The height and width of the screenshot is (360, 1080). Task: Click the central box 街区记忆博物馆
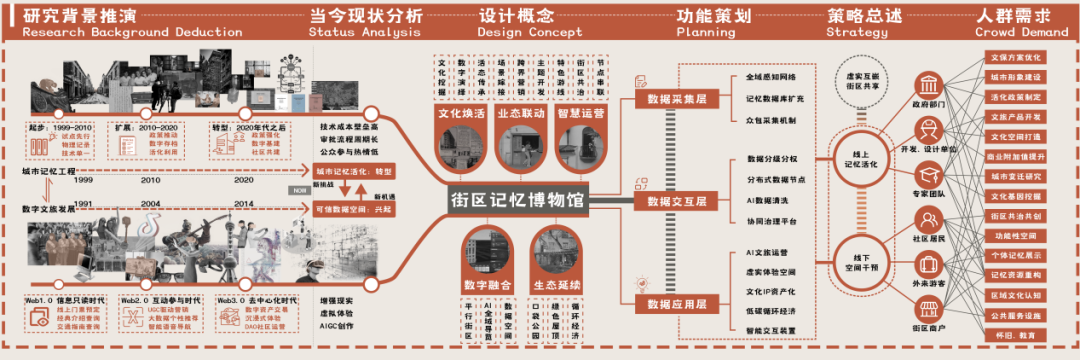coord(516,199)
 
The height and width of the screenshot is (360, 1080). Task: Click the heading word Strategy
coord(849,32)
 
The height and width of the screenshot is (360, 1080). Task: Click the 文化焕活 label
coord(462,114)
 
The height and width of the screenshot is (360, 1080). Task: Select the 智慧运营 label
coord(583,114)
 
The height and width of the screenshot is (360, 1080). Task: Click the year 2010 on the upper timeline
coord(151,181)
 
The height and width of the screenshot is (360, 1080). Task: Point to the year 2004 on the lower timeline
coord(151,203)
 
